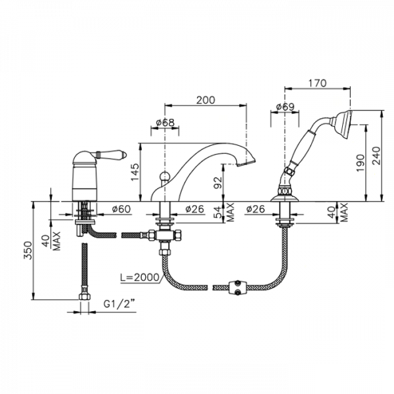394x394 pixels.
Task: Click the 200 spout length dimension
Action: (206, 100)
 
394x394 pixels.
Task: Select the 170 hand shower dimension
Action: (317, 83)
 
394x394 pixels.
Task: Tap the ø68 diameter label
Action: (165, 123)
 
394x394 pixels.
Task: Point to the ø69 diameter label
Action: (285, 107)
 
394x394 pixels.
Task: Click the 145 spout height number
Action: (135, 172)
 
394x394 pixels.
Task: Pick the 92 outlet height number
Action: (217, 183)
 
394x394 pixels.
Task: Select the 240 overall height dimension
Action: (376, 156)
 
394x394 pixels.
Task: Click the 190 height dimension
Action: (361, 163)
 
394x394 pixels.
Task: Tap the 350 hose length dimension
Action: (28, 250)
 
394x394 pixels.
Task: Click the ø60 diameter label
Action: (121, 209)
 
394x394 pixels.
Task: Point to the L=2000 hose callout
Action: (140, 277)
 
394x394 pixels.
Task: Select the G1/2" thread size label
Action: (118, 304)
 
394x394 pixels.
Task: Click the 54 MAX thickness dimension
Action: (224, 212)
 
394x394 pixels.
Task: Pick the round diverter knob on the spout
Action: (165, 175)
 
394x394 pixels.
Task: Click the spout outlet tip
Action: (246, 163)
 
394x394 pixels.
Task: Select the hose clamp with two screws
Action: (238, 288)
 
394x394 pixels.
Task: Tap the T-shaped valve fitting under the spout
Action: (165, 236)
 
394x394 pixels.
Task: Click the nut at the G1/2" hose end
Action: (85, 296)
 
